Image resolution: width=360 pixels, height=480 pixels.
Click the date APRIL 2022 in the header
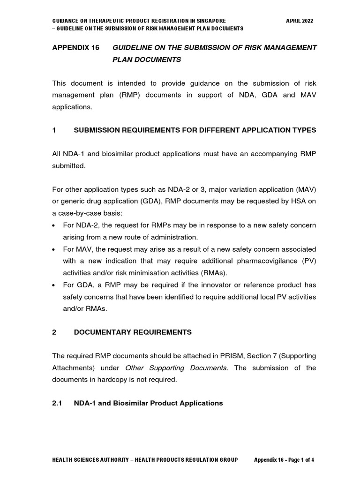tap(300, 21)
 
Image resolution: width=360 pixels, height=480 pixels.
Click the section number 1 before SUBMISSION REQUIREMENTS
tap(54, 130)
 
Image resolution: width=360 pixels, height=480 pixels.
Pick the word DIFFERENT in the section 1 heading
tap(204, 130)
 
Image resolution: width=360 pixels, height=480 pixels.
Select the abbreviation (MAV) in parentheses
tap(305, 190)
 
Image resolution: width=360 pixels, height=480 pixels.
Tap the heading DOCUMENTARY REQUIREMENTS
tap(133, 332)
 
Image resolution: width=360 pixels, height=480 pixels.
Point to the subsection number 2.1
tap(57, 403)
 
